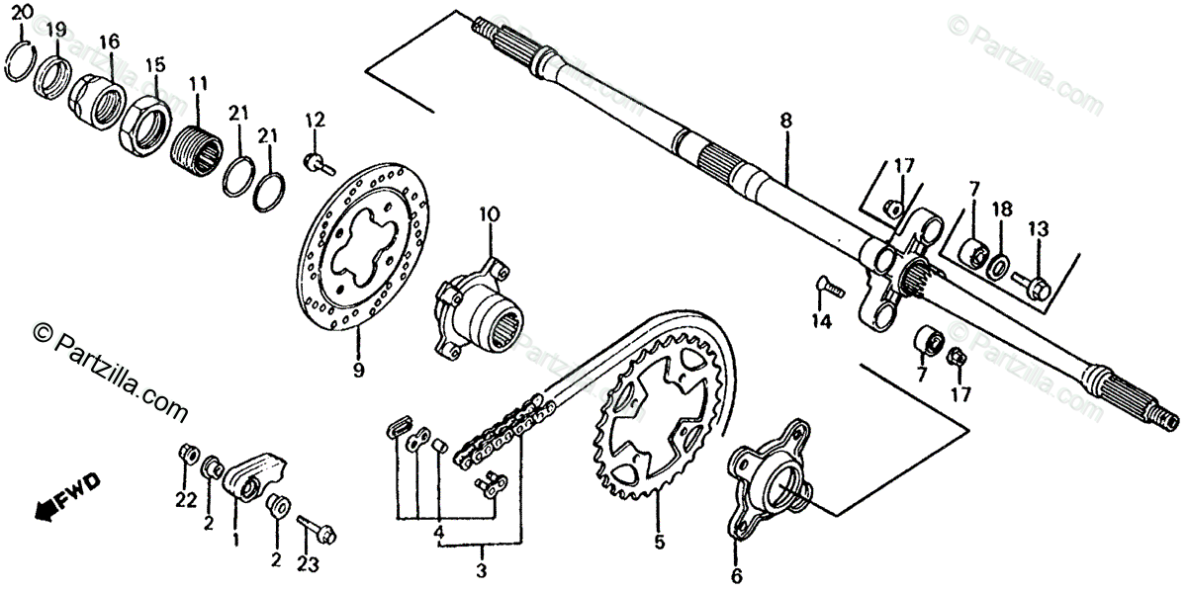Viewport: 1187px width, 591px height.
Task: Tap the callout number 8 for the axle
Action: point(785,121)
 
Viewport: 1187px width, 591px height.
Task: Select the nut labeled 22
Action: point(184,456)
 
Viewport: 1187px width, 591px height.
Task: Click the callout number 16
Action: point(109,42)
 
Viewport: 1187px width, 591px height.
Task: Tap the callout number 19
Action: point(56,28)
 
